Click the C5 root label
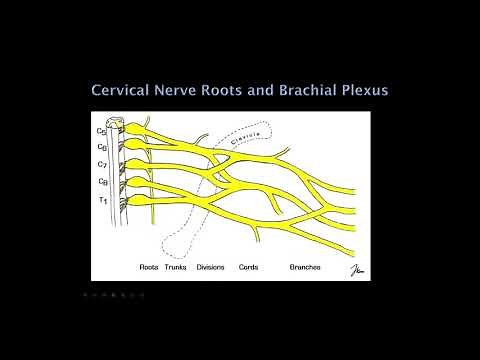(x=101, y=131)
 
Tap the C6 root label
(x=102, y=146)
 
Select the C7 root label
(x=102, y=163)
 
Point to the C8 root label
(x=102, y=181)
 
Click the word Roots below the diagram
(x=150, y=268)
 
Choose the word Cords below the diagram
(x=250, y=268)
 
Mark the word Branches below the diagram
(x=305, y=268)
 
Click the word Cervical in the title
(x=125, y=91)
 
